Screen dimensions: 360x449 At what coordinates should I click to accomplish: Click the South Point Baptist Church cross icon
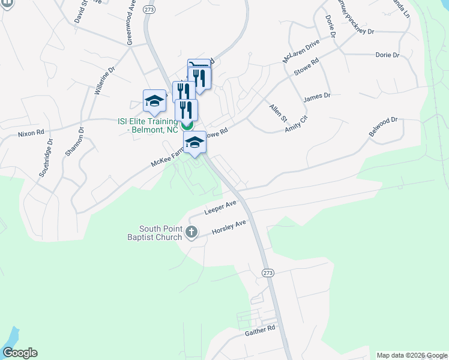pyautogui.click(x=191, y=232)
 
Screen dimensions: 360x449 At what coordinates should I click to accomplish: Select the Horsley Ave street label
pyautogui.click(x=229, y=227)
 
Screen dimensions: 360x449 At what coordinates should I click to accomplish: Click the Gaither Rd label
pyautogui.click(x=259, y=329)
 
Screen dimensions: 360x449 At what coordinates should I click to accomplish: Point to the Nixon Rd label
pyautogui.click(x=31, y=132)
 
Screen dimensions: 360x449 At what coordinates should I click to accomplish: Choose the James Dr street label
pyautogui.click(x=317, y=96)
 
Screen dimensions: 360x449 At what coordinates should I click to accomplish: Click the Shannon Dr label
pyautogui.click(x=75, y=142)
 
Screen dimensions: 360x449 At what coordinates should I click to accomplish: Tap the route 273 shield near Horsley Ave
pyautogui.click(x=268, y=272)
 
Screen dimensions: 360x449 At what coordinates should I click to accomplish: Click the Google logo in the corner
pyautogui.click(x=20, y=353)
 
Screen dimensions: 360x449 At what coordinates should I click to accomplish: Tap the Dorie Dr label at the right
pyautogui.click(x=387, y=55)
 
